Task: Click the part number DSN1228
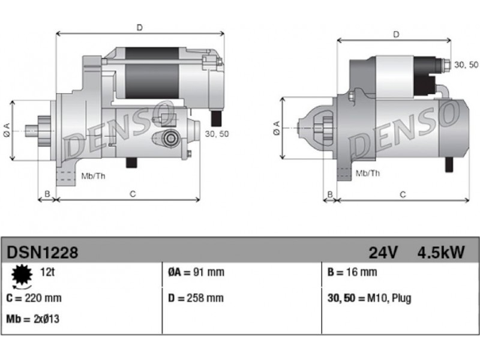pos(42,253)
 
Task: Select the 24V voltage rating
pos(383,253)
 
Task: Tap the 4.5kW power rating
pos(441,253)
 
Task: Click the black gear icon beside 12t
pos(22,275)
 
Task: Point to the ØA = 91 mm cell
pos(196,272)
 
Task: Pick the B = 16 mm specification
pos(352,272)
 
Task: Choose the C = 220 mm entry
pos(34,298)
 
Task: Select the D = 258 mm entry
pos(196,298)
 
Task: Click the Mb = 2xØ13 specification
pos(33,319)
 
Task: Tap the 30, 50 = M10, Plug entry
pos(369,298)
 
